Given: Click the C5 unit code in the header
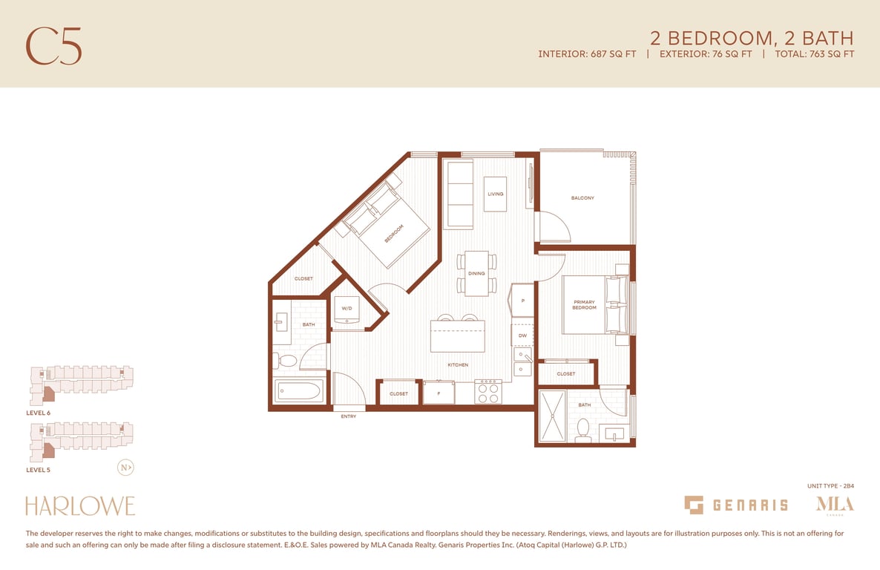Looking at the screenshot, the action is pyautogui.click(x=54, y=46).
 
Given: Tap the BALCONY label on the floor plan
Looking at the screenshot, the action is pyautogui.click(x=582, y=197).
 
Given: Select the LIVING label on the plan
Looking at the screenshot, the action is pyautogui.click(x=496, y=194).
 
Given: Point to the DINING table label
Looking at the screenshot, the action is pyautogui.click(x=476, y=273).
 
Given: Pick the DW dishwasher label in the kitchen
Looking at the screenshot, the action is pyautogui.click(x=522, y=335).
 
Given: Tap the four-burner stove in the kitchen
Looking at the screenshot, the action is pyautogui.click(x=487, y=392).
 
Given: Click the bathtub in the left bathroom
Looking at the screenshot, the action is pyautogui.click(x=298, y=390).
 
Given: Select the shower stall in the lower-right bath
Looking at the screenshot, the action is pyautogui.click(x=553, y=416).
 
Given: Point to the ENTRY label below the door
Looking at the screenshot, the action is pyautogui.click(x=349, y=416).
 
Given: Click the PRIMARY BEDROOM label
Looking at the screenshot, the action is pyautogui.click(x=584, y=305).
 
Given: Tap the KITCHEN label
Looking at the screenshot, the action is pyautogui.click(x=458, y=365).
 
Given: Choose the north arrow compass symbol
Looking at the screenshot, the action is pyautogui.click(x=125, y=468).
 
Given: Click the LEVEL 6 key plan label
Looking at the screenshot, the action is pyautogui.click(x=38, y=413).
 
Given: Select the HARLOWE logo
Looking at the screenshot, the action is pyautogui.click(x=80, y=506).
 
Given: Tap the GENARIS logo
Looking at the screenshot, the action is pyautogui.click(x=736, y=505).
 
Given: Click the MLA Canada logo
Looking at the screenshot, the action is pyautogui.click(x=835, y=504).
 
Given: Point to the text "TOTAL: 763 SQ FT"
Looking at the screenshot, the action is pyautogui.click(x=815, y=54).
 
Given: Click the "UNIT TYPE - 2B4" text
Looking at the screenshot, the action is pyautogui.click(x=830, y=486).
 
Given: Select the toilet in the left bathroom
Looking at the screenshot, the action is pyautogui.click(x=286, y=361).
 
